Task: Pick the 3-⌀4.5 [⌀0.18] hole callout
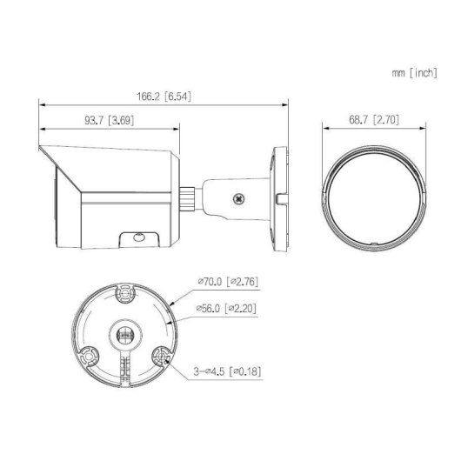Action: (x=227, y=372)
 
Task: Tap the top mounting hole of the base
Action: (x=124, y=296)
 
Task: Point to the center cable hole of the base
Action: (x=124, y=332)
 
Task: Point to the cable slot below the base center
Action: (x=124, y=365)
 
